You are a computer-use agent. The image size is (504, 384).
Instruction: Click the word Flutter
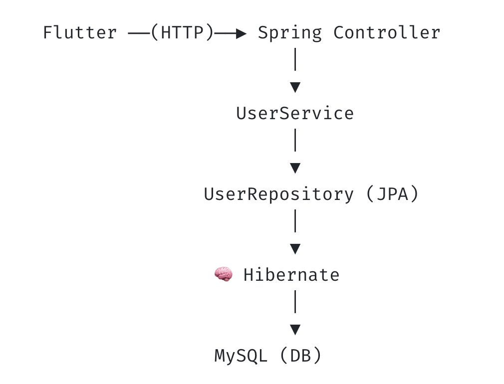coord(80,32)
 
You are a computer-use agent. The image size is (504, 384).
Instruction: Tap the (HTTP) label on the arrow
coord(182,32)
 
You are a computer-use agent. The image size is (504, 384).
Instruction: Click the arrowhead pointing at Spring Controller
coord(241,33)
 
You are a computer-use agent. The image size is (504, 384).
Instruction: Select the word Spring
coord(290,33)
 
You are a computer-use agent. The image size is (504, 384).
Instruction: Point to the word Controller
coord(387,32)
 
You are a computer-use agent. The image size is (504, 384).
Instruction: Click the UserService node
coord(295,113)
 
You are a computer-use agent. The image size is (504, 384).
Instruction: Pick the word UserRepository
coord(278,194)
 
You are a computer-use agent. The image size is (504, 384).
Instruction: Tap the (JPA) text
coord(392,194)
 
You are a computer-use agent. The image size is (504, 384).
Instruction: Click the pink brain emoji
coord(224,274)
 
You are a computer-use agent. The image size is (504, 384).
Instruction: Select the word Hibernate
coord(291,275)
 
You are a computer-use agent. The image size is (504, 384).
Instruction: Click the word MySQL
coord(241,356)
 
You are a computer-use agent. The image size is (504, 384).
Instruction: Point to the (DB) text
coord(300,356)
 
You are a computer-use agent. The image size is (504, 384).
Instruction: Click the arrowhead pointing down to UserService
coord(295,87)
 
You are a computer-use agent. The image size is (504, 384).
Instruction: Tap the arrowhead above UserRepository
coord(295,168)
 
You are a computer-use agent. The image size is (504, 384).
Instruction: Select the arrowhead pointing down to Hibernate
coord(295,249)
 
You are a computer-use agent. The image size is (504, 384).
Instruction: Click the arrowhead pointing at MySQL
coord(295,330)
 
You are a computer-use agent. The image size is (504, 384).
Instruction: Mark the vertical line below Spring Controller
coord(295,59)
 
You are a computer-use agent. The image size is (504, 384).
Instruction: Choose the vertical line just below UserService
coord(295,140)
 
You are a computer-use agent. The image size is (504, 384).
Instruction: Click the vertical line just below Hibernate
coord(295,302)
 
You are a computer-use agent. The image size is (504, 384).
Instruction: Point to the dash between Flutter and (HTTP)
coord(139,33)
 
